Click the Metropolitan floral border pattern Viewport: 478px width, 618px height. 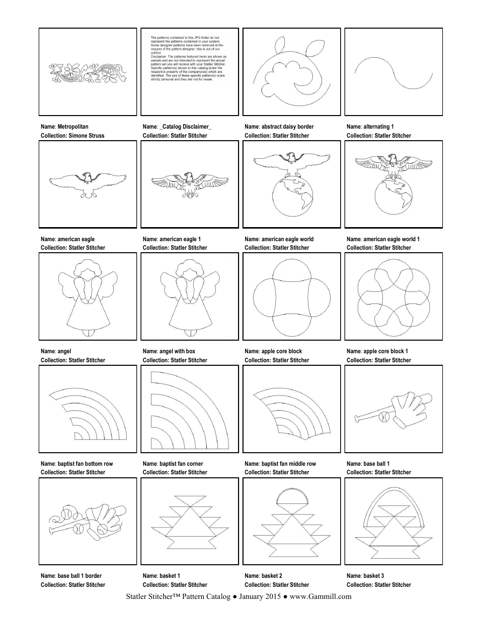(88, 73)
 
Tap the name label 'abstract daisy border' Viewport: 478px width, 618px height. (279, 127)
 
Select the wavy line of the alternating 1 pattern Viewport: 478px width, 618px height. (394, 72)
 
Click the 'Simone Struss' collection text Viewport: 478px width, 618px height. (87, 136)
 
